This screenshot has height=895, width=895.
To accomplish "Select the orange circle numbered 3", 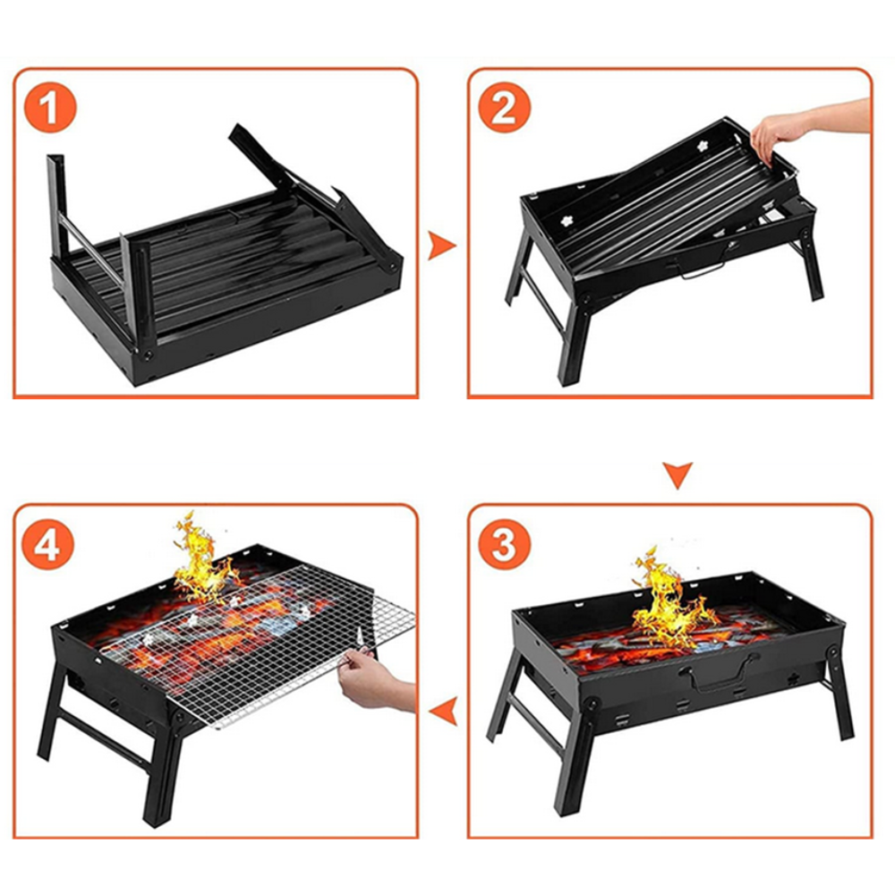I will click(x=504, y=544).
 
